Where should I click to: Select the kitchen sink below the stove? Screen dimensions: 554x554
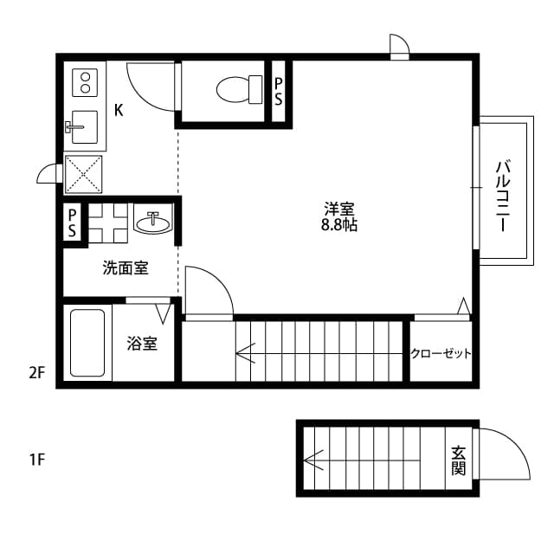click(x=84, y=128)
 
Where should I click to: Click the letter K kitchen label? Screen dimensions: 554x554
click(x=119, y=110)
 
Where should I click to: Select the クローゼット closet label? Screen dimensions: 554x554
click(x=441, y=353)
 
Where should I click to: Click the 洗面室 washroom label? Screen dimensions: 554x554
click(x=126, y=268)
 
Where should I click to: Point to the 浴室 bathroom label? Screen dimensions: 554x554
click(x=142, y=344)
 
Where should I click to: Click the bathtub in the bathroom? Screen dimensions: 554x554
click(x=87, y=343)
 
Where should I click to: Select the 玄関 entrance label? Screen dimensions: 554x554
click(x=458, y=460)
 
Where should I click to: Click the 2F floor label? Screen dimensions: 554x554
click(x=35, y=373)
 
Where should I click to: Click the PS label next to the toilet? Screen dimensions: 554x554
click(x=278, y=91)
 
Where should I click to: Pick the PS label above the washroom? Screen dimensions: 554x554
click(x=73, y=222)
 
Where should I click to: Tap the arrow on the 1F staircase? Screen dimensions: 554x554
click(x=313, y=460)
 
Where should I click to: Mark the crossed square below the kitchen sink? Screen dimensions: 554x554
click(x=85, y=177)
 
